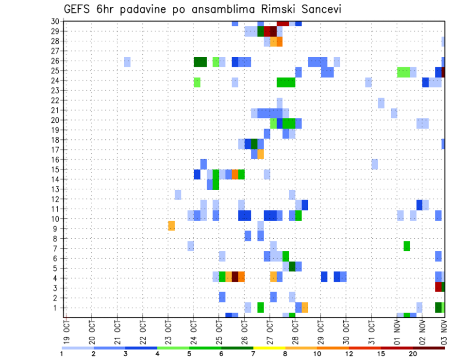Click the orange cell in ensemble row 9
point(171,226)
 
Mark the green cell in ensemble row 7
point(407,246)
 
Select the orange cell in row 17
point(261,154)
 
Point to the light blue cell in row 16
point(375,164)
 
